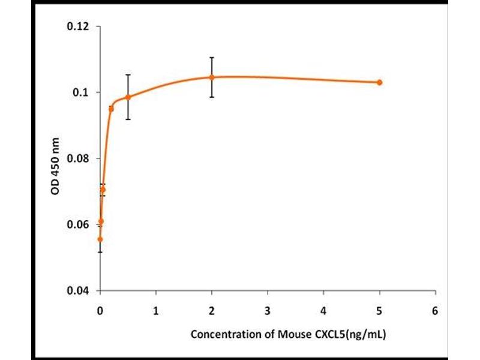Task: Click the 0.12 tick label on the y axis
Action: click(x=80, y=26)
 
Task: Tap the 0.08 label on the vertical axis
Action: click(x=80, y=158)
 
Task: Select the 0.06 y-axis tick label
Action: click(x=80, y=224)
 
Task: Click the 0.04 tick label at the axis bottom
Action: click(x=80, y=290)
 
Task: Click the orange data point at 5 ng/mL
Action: click(x=379, y=82)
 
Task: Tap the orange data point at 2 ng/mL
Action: click(x=212, y=77)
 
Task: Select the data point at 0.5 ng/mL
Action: click(x=128, y=97)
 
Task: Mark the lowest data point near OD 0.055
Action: click(x=100, y=239)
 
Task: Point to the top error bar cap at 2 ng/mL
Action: click(x=212, y=58)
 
